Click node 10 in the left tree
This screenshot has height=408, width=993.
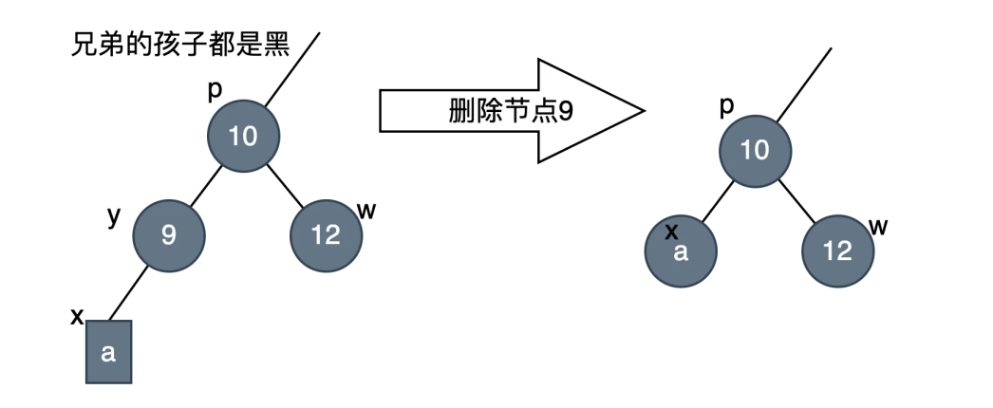tap(244, 137)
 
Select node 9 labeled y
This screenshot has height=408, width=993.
tap(168, 234)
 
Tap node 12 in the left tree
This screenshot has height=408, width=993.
tap(326, 234)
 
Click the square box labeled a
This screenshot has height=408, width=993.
tap(108, 352)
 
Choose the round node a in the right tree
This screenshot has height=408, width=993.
tap(680, 252)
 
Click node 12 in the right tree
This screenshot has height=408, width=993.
tap(837, 251)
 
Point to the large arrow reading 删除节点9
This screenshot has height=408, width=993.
tap(511, 111)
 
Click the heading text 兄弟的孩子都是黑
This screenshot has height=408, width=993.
tap(179, 44)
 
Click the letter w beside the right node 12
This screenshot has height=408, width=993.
tap(878, 225)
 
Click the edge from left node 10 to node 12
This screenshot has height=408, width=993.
tap(284, 185)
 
